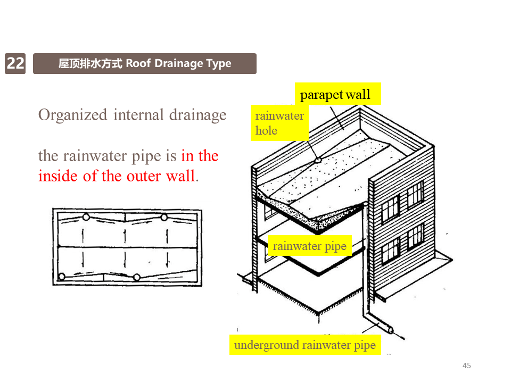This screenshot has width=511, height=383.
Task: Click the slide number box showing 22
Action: click(x=15, y=64)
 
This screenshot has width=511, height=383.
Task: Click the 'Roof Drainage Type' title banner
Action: click(x=144, y=64)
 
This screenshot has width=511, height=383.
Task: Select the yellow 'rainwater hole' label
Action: click(x=279, y=123)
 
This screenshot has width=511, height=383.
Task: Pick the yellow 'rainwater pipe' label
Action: click(x=309, y=246)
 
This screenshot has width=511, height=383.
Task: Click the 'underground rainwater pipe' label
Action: click(x=305, y=345)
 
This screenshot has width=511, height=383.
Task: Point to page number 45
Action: click(x=467, y=365)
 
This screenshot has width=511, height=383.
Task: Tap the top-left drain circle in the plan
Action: click(x=86, y=217)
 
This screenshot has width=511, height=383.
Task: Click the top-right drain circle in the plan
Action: click(x=164, y=217)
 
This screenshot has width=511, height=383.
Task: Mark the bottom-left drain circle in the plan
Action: click(x=62, y=277)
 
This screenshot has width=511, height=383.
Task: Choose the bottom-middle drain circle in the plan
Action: click(x=137, y=277)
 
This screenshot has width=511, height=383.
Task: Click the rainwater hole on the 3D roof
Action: click(x=317, y=159)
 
